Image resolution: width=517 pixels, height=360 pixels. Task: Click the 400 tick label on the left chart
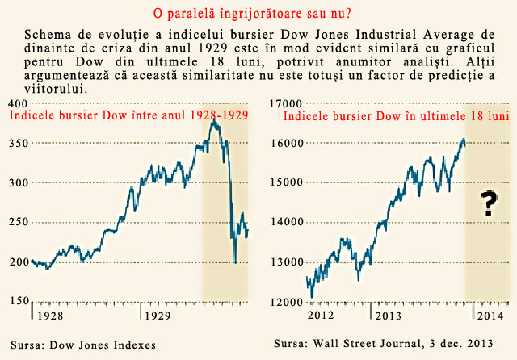click(x=15, y=103)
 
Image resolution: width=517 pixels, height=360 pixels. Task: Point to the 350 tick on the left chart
click(x=15, y=143)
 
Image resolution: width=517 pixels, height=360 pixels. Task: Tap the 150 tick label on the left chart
click(x=15, y=300)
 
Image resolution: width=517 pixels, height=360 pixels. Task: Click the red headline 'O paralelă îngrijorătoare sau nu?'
click(x=257, y=15)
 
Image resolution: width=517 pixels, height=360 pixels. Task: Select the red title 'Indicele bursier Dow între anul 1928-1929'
click(x=128, y=115)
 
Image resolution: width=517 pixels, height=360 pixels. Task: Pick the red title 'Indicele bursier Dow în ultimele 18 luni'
click(x=395, y=115)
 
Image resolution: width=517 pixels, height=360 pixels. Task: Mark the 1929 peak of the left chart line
click(x=213, y=121)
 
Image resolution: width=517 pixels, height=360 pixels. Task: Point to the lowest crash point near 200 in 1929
click(x=235, y=262)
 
